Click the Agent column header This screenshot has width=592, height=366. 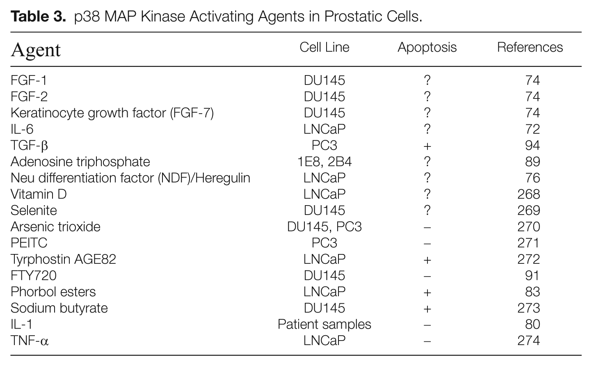(x=36, y=50)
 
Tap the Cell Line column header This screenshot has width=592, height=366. (x=324, y=48)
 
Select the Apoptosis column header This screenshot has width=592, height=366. (x=427, y=48)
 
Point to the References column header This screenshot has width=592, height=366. (x=530, y=48)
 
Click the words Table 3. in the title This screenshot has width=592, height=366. (x=38, y=16)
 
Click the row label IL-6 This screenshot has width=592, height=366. (x=22, y=129)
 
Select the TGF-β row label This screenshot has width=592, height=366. (x=29, y=146)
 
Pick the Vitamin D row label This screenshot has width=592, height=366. (x=39, y=194)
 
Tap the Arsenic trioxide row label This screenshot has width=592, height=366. (x=55, y=227)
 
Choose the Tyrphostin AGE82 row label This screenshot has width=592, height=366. (x=63, y=259)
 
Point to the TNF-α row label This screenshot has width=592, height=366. (x=30, y=341)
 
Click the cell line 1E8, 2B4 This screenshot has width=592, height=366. (x=325, y=162)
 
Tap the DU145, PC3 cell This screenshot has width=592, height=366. (x=324, y=227)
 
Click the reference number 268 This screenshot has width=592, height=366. (x=528, y=194)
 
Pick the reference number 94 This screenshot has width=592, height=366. (x=533, y=146)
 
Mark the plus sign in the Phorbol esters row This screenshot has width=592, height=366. (x=427, y=293)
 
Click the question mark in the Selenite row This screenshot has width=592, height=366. (x=427, y=210)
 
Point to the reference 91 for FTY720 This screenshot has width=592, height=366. (x=532, y=276)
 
